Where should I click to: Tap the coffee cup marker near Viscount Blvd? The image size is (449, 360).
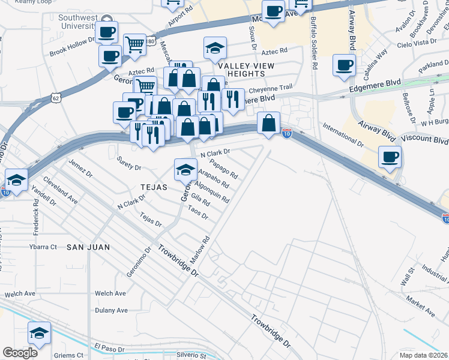click(390, 157)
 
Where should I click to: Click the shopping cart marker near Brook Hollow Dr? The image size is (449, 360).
click(134, 44)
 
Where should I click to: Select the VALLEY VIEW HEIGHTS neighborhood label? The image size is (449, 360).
click(246, 69)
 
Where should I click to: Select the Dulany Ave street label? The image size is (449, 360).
click(111, 310)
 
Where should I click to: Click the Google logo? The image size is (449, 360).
click(20, 353)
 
